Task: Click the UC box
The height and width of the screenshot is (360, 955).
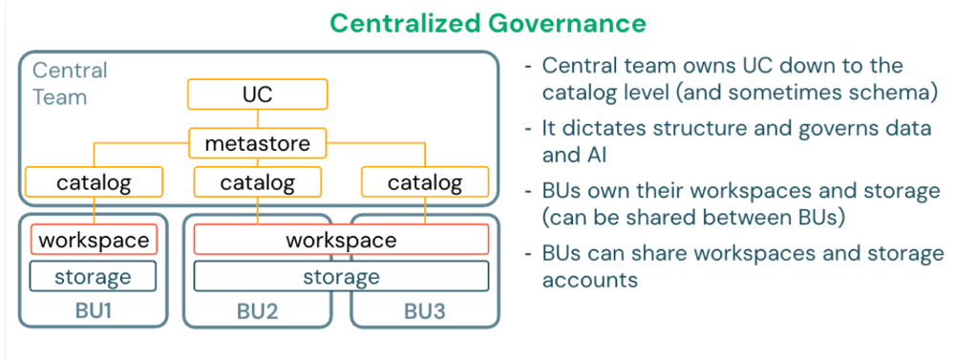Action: click(257, 94)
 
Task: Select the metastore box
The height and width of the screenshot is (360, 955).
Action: click(258, 143)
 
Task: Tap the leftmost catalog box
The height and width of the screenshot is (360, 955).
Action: click(92, 181)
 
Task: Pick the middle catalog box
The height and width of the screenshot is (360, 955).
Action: click(258, 181)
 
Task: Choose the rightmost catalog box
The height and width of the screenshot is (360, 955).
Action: click(425, 181)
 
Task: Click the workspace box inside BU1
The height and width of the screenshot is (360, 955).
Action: click(94, 240)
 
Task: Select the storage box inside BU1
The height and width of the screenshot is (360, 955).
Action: click(93, 277)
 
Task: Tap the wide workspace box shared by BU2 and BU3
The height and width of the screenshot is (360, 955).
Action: click(341, 240)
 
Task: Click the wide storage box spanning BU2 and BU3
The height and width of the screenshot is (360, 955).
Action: click(341, 277)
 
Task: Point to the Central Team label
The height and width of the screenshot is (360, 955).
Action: click(70, 83)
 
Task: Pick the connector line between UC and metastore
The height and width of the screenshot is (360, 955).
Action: click(258, 117)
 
